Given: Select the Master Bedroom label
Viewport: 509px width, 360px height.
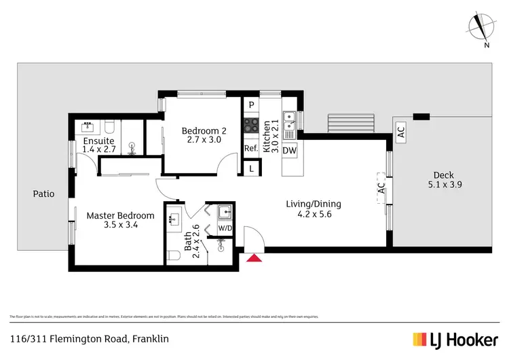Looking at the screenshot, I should point(120,216).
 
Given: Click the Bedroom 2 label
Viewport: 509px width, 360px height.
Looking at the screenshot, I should point(204,131).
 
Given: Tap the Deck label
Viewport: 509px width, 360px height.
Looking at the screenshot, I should point(441,175).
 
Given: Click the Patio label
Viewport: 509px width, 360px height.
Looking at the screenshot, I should point(43,194).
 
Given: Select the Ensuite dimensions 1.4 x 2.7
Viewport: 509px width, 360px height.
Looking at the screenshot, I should point(100,149).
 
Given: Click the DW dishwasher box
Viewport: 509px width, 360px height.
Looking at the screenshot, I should point(288,150).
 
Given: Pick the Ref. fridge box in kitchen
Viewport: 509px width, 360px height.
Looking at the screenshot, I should point(250,149).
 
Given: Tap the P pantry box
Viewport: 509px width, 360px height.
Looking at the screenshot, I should point(251,105).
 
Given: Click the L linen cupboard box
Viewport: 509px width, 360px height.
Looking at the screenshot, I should point(251,168).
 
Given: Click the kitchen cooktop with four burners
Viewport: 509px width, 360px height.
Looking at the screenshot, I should point(251,126).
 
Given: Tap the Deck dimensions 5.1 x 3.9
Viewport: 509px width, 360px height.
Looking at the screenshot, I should point(441,184).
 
